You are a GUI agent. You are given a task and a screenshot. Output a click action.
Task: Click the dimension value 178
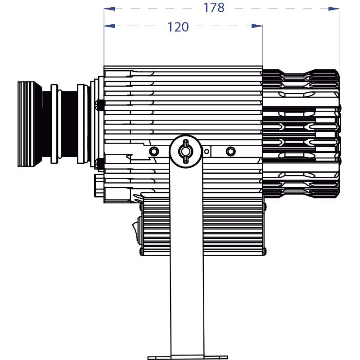(x=214, y=8)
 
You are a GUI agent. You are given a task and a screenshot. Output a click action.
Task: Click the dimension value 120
(x=178, y=27)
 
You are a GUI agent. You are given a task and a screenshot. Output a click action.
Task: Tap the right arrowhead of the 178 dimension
(x=334, y=8)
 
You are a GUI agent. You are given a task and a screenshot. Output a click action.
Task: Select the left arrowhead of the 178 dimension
(x=109, y=8)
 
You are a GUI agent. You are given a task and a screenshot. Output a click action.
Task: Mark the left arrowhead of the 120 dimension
(x=109, y=26)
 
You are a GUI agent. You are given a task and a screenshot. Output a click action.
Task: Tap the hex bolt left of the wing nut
(x=153, y=150)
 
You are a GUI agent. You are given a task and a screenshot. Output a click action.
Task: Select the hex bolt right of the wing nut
(x=230, y=150)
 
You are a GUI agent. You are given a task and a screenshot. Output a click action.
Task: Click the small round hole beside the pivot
(x=207, y=152)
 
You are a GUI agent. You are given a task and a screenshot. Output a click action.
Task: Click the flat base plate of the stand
(x=186, y=357)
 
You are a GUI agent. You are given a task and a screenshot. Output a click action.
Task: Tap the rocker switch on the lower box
(x=136, y=230)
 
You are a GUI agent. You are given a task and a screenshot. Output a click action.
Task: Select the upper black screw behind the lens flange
(x=100, y=105)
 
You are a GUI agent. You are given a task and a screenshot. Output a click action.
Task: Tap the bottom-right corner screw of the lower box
(x=264, y=251)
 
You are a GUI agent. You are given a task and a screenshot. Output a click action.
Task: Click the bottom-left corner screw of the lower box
(x=141, y=251)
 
